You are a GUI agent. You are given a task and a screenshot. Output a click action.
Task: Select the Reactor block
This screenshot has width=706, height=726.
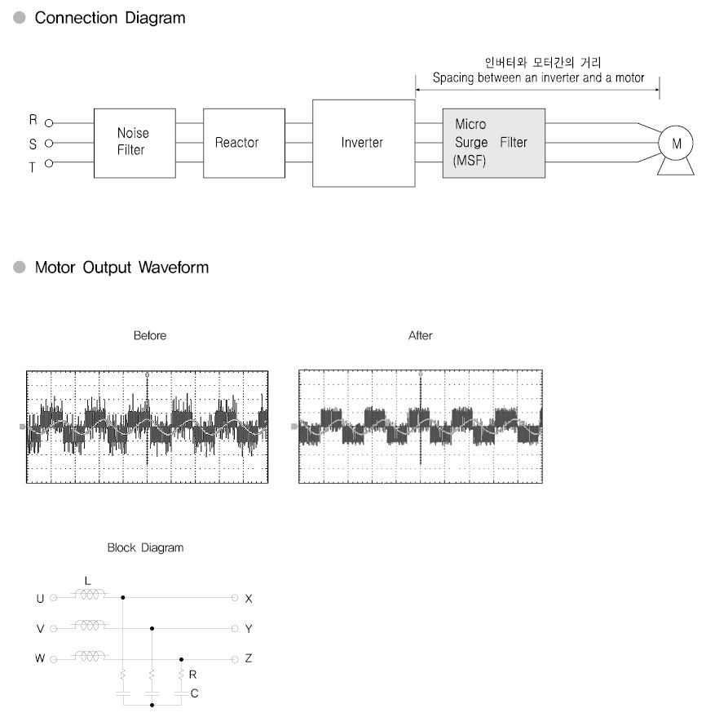(x=237, y=143)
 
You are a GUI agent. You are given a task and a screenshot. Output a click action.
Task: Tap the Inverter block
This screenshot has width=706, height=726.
(x=363, y=143)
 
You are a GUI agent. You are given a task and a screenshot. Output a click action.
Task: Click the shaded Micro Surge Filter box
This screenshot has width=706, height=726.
(x=493, y=144)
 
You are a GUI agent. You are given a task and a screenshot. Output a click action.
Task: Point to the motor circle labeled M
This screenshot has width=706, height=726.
(x=676, y=144)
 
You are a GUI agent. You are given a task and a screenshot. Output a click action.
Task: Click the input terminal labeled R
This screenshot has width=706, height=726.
(x=49, y=123)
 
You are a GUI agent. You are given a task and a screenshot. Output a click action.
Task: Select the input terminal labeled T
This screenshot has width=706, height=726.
(x=49, y=163)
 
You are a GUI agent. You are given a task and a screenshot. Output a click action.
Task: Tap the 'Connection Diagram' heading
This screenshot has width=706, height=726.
(x=110, y=18)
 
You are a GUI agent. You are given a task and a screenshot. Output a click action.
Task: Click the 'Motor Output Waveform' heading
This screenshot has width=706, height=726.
(x=121, y=268)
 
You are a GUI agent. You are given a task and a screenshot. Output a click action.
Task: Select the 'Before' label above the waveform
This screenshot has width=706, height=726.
(x=149, y=335)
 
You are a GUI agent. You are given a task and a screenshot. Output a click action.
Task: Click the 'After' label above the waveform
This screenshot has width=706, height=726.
(x=420, y=335)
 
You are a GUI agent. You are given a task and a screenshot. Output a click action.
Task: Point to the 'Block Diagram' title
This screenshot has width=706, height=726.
(x=145, y=548)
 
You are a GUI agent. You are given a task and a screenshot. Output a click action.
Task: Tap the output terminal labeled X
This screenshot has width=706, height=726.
(x=236, y=598)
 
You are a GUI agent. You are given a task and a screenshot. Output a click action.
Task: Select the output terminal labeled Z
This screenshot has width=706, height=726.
(x=236, y=658)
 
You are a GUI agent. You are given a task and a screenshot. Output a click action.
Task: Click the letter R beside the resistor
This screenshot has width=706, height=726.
(x=192, y=675)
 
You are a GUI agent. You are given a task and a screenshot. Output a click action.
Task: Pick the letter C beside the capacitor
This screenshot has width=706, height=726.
(x=193, y=693)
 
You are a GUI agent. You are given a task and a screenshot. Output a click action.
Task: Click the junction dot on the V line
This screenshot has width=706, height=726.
(x=152, y=628)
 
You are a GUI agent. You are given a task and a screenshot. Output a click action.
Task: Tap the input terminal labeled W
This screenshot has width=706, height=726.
(x=54, y=658)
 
